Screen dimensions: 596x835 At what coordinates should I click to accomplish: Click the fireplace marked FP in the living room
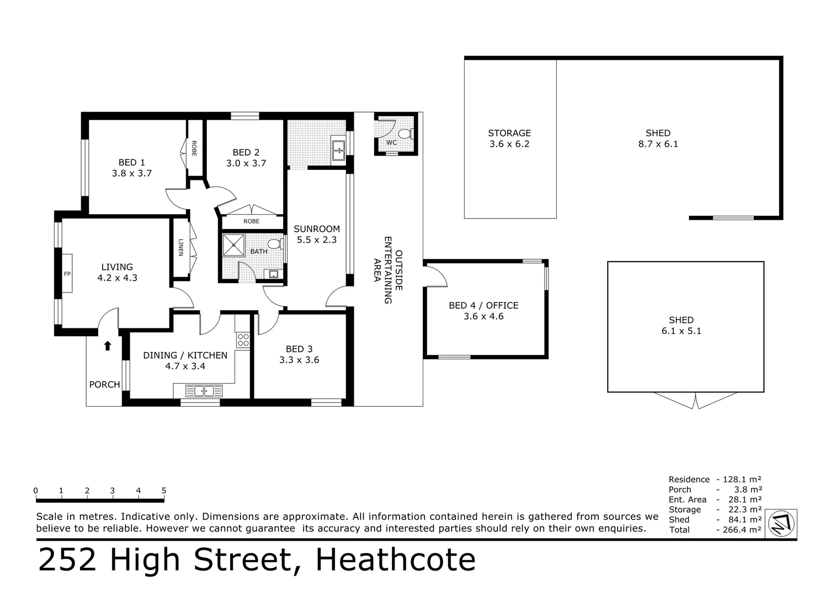point(67,273)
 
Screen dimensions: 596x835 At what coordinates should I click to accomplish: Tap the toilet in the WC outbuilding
point(405,134)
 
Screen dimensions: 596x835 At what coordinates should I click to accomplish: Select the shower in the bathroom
point(233,245)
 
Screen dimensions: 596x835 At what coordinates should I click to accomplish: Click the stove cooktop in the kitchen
point(243,340)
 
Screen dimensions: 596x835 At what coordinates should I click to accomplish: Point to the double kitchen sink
point(204,391)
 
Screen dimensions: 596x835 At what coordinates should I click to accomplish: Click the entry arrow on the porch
point(108,346)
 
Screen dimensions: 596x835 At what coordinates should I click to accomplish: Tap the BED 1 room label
point(131,162)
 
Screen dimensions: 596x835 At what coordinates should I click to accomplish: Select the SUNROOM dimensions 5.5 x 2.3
point(317,240)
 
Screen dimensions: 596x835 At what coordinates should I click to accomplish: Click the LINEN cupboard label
point(180,248)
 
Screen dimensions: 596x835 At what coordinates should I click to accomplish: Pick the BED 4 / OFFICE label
point(483,305)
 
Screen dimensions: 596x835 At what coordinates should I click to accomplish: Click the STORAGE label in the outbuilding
point(509,133)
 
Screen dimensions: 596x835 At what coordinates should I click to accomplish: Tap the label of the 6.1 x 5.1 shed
point(681,320)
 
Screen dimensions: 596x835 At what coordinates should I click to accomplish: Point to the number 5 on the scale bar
point(164,491)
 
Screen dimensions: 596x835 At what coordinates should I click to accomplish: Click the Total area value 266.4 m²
point(740,530)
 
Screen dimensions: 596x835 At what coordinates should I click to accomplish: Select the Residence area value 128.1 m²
point(740,480)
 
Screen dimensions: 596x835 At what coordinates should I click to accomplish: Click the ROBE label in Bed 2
point(251,221)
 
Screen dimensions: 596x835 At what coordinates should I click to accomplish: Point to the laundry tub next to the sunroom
point(338,147)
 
